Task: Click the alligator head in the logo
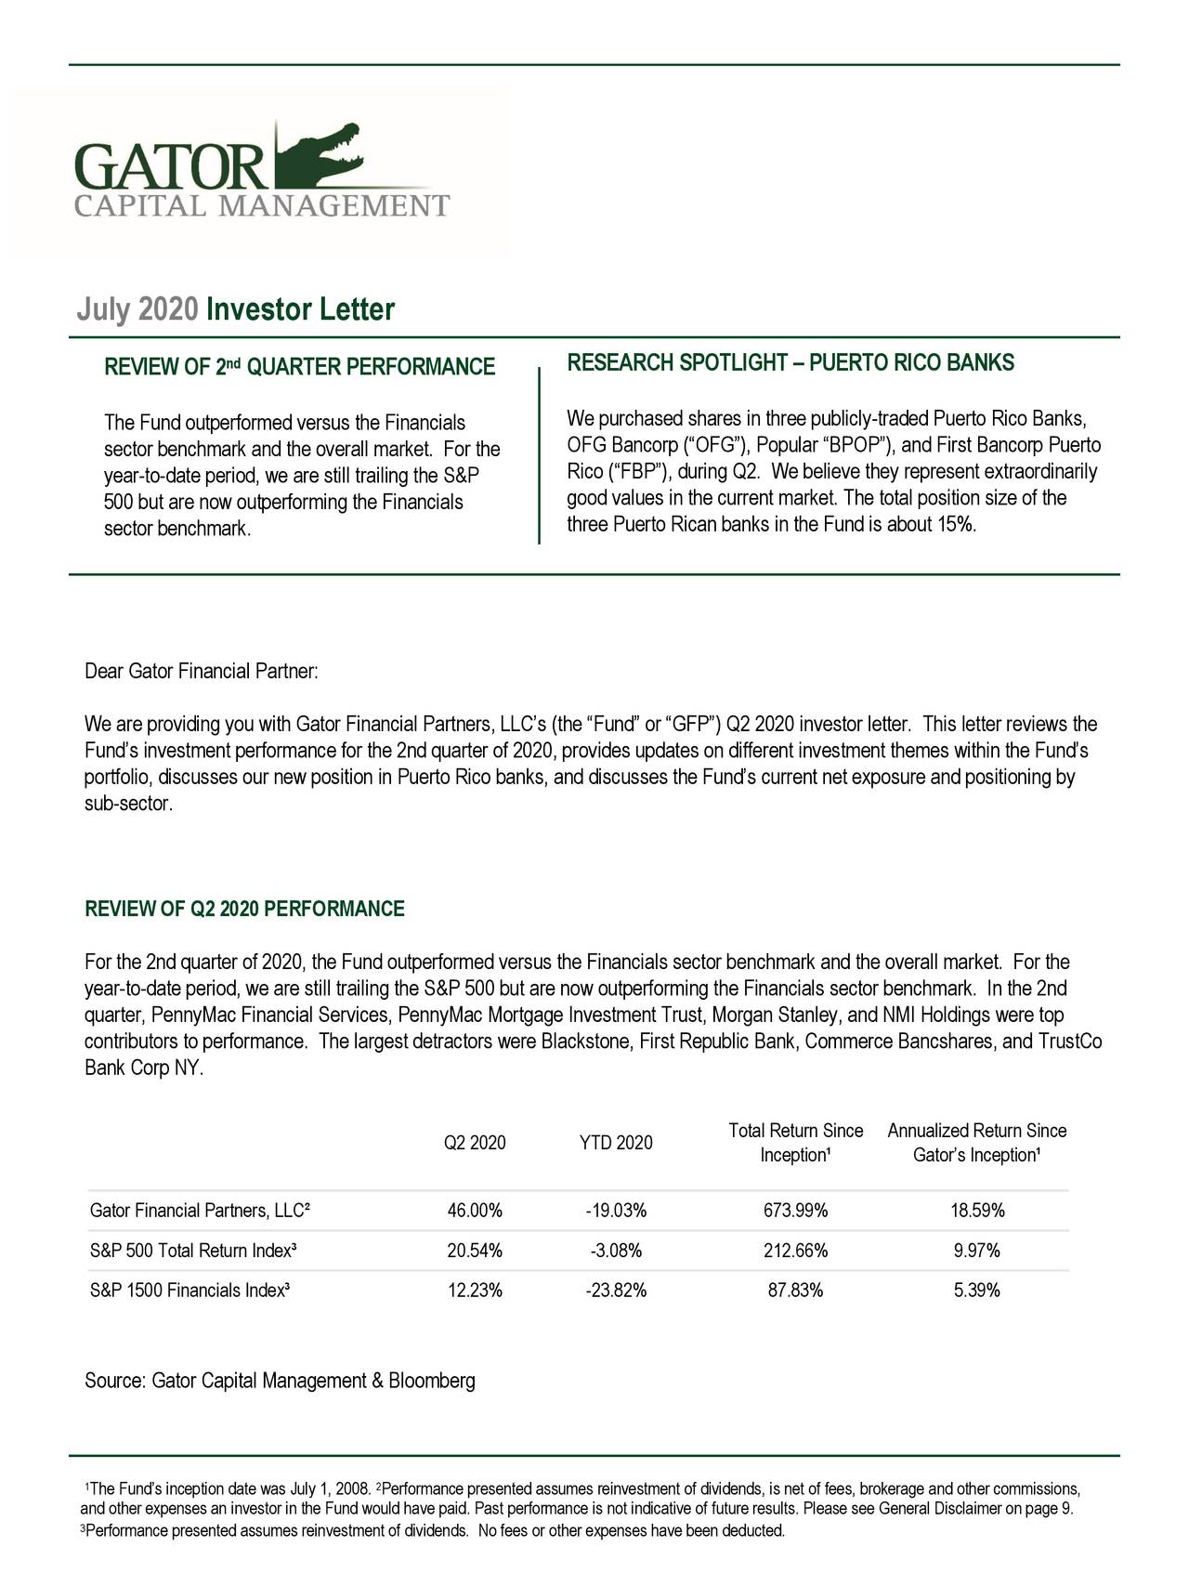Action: [325, 149]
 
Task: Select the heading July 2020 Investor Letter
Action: [235, 309]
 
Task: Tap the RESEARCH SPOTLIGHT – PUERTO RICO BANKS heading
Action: [790, 362]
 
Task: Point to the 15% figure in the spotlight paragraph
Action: [954, 525]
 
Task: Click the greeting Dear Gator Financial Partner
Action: [202, 671]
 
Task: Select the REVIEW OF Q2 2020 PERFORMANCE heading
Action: [244, 909]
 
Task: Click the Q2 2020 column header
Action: [476, 1143]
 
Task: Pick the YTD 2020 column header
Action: [615, 1143]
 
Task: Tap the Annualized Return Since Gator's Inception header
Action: [976, 1143]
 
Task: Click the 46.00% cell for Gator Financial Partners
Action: [475, 1211]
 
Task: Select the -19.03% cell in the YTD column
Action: [616, 1211]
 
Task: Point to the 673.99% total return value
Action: [795, 1211]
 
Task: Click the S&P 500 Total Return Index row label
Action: [193, 1251]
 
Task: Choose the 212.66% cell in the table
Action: [795, 1251]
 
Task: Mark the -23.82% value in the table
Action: [616, 1291]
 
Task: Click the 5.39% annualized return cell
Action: [976, 1291]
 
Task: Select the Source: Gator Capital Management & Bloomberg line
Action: [280, 1381]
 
